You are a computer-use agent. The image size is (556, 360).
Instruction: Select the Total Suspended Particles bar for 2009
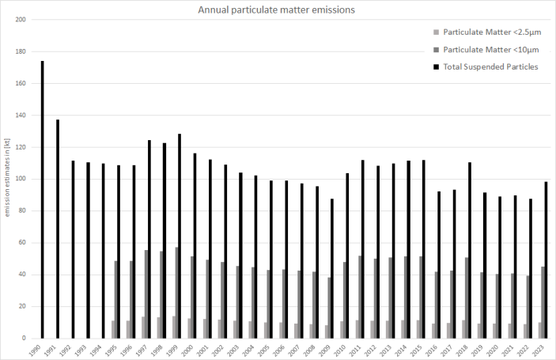pos(332,268)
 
